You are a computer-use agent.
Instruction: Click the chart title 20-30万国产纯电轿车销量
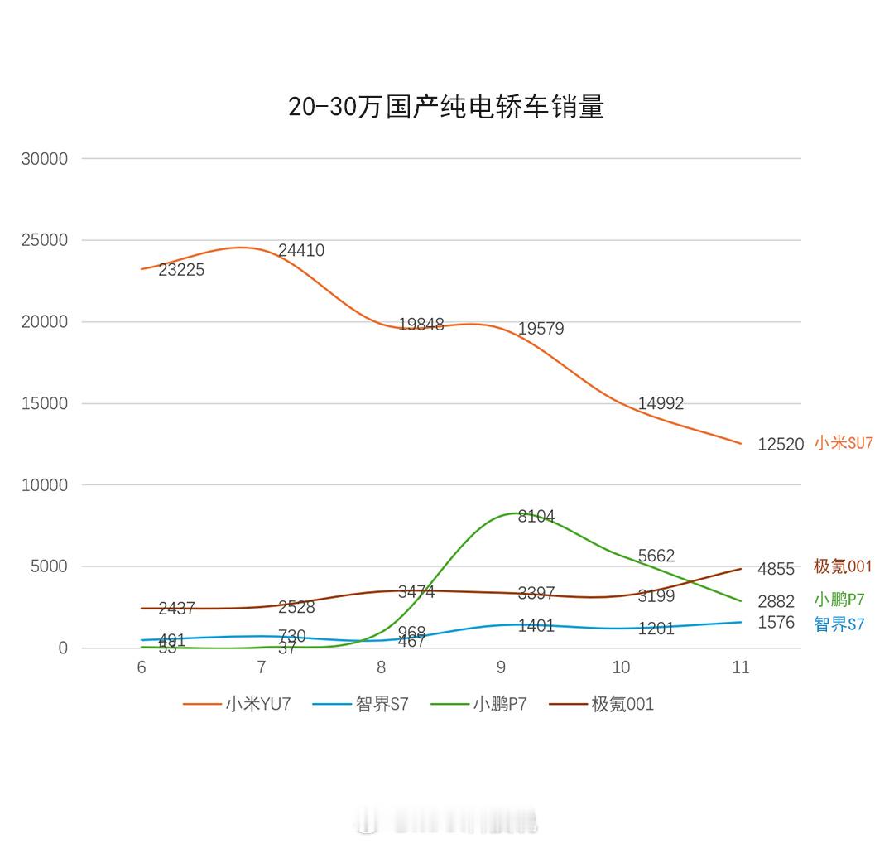pyautogui.click(x=446, y=108)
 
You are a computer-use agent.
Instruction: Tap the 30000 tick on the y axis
pyautogui.click(x=45, y=159)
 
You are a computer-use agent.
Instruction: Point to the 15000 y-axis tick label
pyautogui.click(x=45, y=404)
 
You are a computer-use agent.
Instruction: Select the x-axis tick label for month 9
pyautogui.click(x=501, y=667)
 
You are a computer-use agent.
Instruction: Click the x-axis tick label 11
pyautogui.click(x=740, y=667)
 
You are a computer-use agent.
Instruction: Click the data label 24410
pyautogui.click(x=301, y=251)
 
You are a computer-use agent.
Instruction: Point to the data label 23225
pyautogui.click(x=181, y=270)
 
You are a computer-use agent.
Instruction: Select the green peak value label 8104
pyautogui.click(x=536, y=517)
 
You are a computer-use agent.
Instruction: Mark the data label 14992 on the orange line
pyautogui.click(x=661, y=404)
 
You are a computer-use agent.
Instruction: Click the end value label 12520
pyautogui.click(x=781, y=445)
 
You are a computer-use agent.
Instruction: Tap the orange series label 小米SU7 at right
pyautogui.click(x=844, y=443)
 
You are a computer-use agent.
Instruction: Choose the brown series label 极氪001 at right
pyautogui.click(x=843, y=567)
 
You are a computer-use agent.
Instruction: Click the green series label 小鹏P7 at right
pyautogui.click(x=839, y=600)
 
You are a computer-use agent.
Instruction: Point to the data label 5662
pyautogui.click(x=656, y=556)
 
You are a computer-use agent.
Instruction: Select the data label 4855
pyautogui.click(x=776, y=570)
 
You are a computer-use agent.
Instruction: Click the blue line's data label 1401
pyautogui.click(x=536, y=626)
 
